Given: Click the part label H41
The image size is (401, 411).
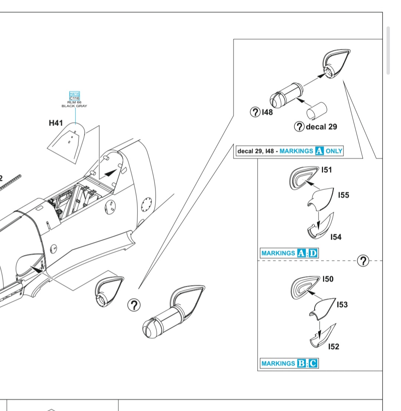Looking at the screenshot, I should click(56, 123).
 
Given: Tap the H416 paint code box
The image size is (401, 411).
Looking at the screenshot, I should click(74, 94).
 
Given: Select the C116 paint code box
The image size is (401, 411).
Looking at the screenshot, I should click(74, 98).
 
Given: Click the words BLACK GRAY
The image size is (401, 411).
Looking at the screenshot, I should click(74, 106).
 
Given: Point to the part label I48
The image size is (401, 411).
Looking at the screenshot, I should click(267, 112).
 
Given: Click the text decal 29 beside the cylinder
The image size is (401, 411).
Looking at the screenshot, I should click(321, 127).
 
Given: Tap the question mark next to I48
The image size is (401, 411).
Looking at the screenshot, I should click(255, 112).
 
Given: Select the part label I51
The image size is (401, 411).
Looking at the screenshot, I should click(327, 170).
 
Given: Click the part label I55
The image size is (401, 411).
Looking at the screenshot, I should click(343, 195).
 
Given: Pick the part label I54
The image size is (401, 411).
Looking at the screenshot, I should click(336, 237).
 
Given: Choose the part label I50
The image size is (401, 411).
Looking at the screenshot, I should click(328, 279).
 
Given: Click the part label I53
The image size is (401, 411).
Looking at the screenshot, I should click(342, 305).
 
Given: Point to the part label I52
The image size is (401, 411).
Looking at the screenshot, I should click(334, 346).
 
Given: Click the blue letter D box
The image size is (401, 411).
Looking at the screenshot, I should click(314, 254).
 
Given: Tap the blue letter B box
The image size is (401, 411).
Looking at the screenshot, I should click(301, 363).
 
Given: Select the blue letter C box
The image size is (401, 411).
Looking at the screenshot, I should click(313, 363).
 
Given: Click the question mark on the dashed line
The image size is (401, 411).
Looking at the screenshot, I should click(363, 261).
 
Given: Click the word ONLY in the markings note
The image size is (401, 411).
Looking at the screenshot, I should click(334, 151).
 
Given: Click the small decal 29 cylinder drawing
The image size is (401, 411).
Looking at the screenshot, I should click(316, 110).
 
